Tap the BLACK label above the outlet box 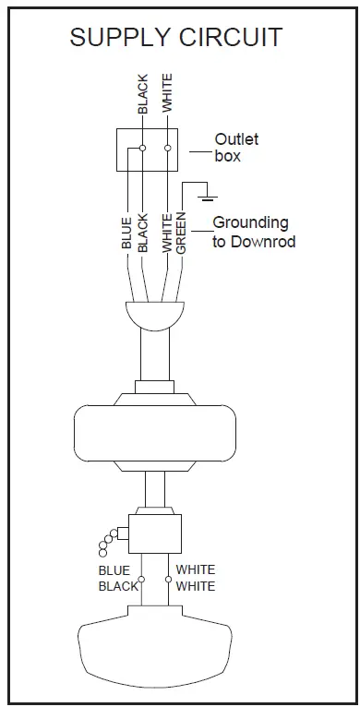[x=143, y=94]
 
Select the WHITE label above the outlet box [x=167, y=92]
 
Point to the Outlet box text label [x=236, y=148]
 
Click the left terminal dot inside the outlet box [x=143, y=148]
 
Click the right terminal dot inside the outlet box [x=167, y=148]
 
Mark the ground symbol [x=209, y=194]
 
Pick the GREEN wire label [x=182, y=233]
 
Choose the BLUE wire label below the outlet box [x=126, y=233]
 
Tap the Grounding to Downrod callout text [x=250, y=231]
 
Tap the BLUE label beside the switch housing [x=114, y=570]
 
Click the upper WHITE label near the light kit [x=195, y=570]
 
